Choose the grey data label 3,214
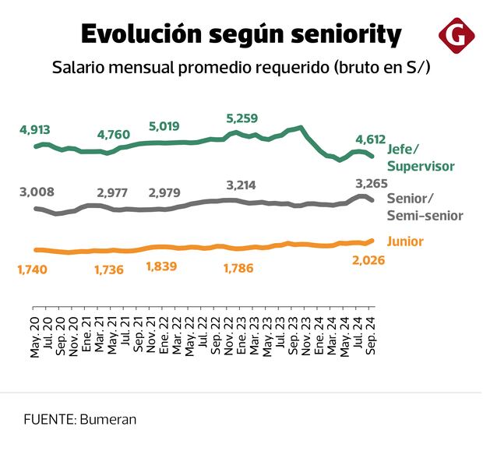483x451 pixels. coord(240,185)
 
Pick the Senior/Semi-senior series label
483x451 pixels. coord(425,206)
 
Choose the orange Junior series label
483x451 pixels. coord(405,241)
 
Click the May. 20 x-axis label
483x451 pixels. coord(36,338)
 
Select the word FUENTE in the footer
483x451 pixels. coord(48,419)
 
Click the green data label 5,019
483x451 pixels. coord(165,127)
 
